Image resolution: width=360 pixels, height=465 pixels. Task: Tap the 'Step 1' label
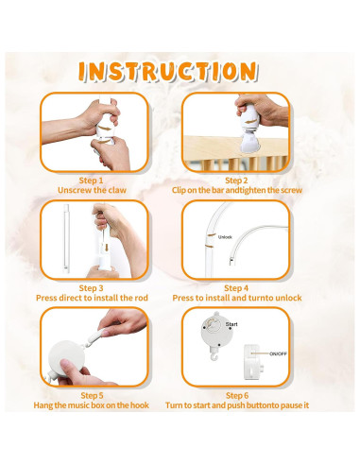93,180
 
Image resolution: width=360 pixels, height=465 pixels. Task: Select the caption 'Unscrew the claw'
93,190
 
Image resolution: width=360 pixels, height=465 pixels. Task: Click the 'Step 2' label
236,180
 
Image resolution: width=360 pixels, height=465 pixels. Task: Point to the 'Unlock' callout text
226,237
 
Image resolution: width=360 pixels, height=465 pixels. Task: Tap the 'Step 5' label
93,395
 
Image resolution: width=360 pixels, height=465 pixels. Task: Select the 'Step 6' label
236,395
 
